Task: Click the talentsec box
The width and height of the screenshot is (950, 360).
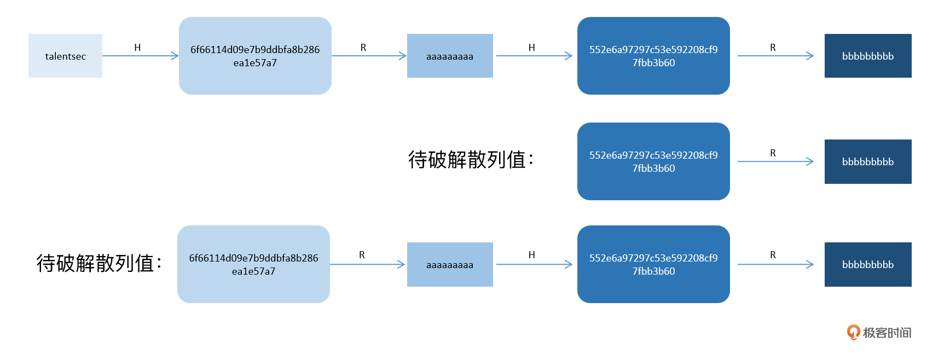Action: click(x=65, y=56)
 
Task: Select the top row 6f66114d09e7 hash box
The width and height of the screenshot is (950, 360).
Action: click(x=255, y=56)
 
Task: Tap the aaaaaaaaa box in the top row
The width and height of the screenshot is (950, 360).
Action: click(x=450, y=56)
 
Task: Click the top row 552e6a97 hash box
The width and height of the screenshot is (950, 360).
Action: click(x=653, y=56)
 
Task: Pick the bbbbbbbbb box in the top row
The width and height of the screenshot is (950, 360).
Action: click(x=868, y=56)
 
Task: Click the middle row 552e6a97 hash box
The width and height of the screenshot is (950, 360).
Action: click(x=653, y=161)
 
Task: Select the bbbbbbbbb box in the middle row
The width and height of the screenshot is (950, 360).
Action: click(x=868, y=161)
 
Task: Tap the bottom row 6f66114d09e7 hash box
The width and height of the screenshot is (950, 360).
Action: click(x=253, y=264)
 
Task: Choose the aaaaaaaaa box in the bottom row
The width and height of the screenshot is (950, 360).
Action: click(x=450, y=264)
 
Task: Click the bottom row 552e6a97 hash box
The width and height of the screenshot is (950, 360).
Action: click(x=653, y=264)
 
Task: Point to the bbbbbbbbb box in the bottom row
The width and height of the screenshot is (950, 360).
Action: click(x=868, y=264)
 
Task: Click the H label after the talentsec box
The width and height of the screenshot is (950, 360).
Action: click(x=137, y=48)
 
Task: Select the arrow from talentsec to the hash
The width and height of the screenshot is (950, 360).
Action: click(x=140, y=56)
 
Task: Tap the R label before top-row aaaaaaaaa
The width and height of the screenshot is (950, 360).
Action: click(x=363, y=48)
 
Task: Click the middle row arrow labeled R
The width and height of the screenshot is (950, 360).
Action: click(x=775, y=161)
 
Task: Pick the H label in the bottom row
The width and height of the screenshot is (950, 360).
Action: click(x=531, y=255)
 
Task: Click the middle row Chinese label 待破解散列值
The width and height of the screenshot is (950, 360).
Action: click(x=470, y=160)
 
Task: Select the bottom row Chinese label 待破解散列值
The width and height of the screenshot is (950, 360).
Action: click(x=99, y=263)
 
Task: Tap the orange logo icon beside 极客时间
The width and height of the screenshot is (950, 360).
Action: click(x=853, y=332)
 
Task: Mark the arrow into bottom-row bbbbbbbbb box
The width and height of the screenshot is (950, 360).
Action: click(x=775, y=264)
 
